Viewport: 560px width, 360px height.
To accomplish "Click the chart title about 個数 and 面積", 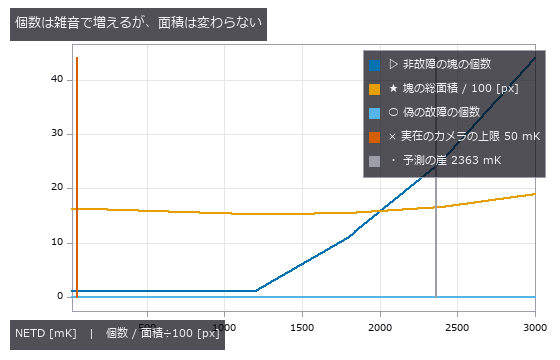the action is pyautogui.click(x=138, y=24).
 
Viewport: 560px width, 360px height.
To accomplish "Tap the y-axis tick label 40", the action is pyautogui.click(x=57, y=79).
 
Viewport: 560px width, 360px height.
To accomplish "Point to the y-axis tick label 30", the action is pyautogui.click(x=57, y=133).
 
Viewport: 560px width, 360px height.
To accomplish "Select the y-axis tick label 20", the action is pyautogui.click(x=57, y=187).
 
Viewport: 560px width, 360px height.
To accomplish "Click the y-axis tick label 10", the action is pyautogui.click(x=57, y=242).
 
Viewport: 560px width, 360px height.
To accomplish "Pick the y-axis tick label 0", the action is pyautogui.click(x=60, y=296).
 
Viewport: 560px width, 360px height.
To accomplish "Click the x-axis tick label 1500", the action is pyautogui.click(x=302, y=328).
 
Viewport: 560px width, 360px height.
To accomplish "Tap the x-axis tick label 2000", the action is pyautogui.click(x=380, y=328).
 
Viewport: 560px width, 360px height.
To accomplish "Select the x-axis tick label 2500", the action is pyautogui.click(x=457, y=328).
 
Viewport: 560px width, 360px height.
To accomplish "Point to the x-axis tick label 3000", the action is pyautogui.click(x=535, y=328).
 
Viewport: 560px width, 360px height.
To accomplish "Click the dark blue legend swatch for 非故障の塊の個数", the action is pyautogui.click(x=374, y=65).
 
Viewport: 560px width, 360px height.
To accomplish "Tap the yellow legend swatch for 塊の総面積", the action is pyautogui.click(x=374, y=89).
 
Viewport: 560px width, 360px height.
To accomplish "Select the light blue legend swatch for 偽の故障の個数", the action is pyautogui.click(x=374, y=113).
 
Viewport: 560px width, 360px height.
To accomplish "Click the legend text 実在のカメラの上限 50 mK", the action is pyautogui.click(x=470, y=136).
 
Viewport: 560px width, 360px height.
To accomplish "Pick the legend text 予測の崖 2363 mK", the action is pyautogui.click(x=452, y=160).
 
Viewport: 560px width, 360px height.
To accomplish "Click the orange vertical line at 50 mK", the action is pyautogui.click(x=77, y=177).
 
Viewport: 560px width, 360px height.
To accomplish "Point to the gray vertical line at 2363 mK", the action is pyautogui.click(x=436, y=237).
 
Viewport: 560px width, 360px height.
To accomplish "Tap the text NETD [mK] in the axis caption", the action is pyautogui.click(x=46, y=334).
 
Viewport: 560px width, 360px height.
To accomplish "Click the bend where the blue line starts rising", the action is pyautogui.click(x=256, y=290).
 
